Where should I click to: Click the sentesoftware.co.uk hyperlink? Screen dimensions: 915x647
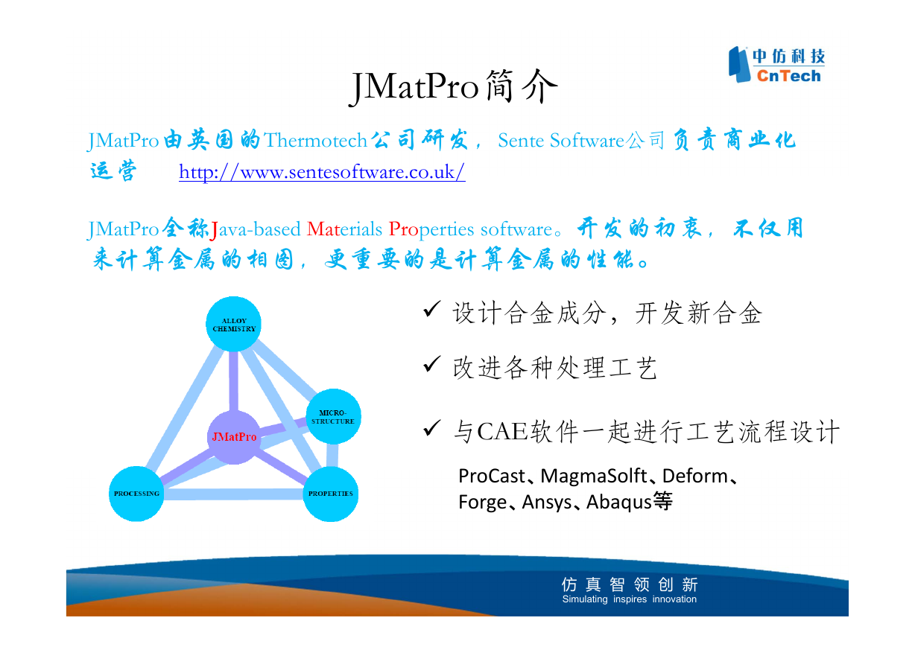click(322, 172)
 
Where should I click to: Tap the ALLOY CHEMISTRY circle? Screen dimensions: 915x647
click(234, 324)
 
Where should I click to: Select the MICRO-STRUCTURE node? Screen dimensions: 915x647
click(333, 416)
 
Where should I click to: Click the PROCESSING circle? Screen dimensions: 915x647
click(136, 494)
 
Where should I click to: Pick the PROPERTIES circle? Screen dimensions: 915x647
click(331, 494)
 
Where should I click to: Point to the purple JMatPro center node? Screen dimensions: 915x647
click(234, 437)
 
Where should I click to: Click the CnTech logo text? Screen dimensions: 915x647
click(788, 76)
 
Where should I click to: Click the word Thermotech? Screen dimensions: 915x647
click(315, 141)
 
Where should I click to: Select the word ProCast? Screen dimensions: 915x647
click(492, 476)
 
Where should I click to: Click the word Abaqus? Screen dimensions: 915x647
click(619, 503)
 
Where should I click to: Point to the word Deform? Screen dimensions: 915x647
click(695, 476)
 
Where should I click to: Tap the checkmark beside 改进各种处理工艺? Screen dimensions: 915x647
click(431, 364)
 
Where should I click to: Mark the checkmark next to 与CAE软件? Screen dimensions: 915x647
click(431, 428)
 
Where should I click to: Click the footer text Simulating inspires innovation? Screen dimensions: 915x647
click(629, 599)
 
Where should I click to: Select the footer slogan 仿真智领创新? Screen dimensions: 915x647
click(630, 584)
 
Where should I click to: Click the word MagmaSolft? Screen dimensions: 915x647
click(594, 476)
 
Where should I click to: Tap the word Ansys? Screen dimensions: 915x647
click(547, 503)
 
